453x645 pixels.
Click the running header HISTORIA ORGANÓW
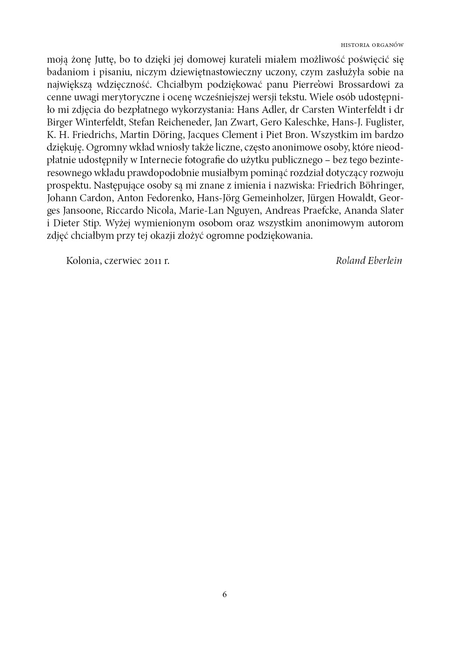pyautogui.click(x=372, y=45)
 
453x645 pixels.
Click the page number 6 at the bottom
pyautogui.click(x=225, y=594)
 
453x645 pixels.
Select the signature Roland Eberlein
pyautogui.click(x=369, y=260)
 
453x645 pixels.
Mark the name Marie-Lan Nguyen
pyautogui.click(x=215, y=210)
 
